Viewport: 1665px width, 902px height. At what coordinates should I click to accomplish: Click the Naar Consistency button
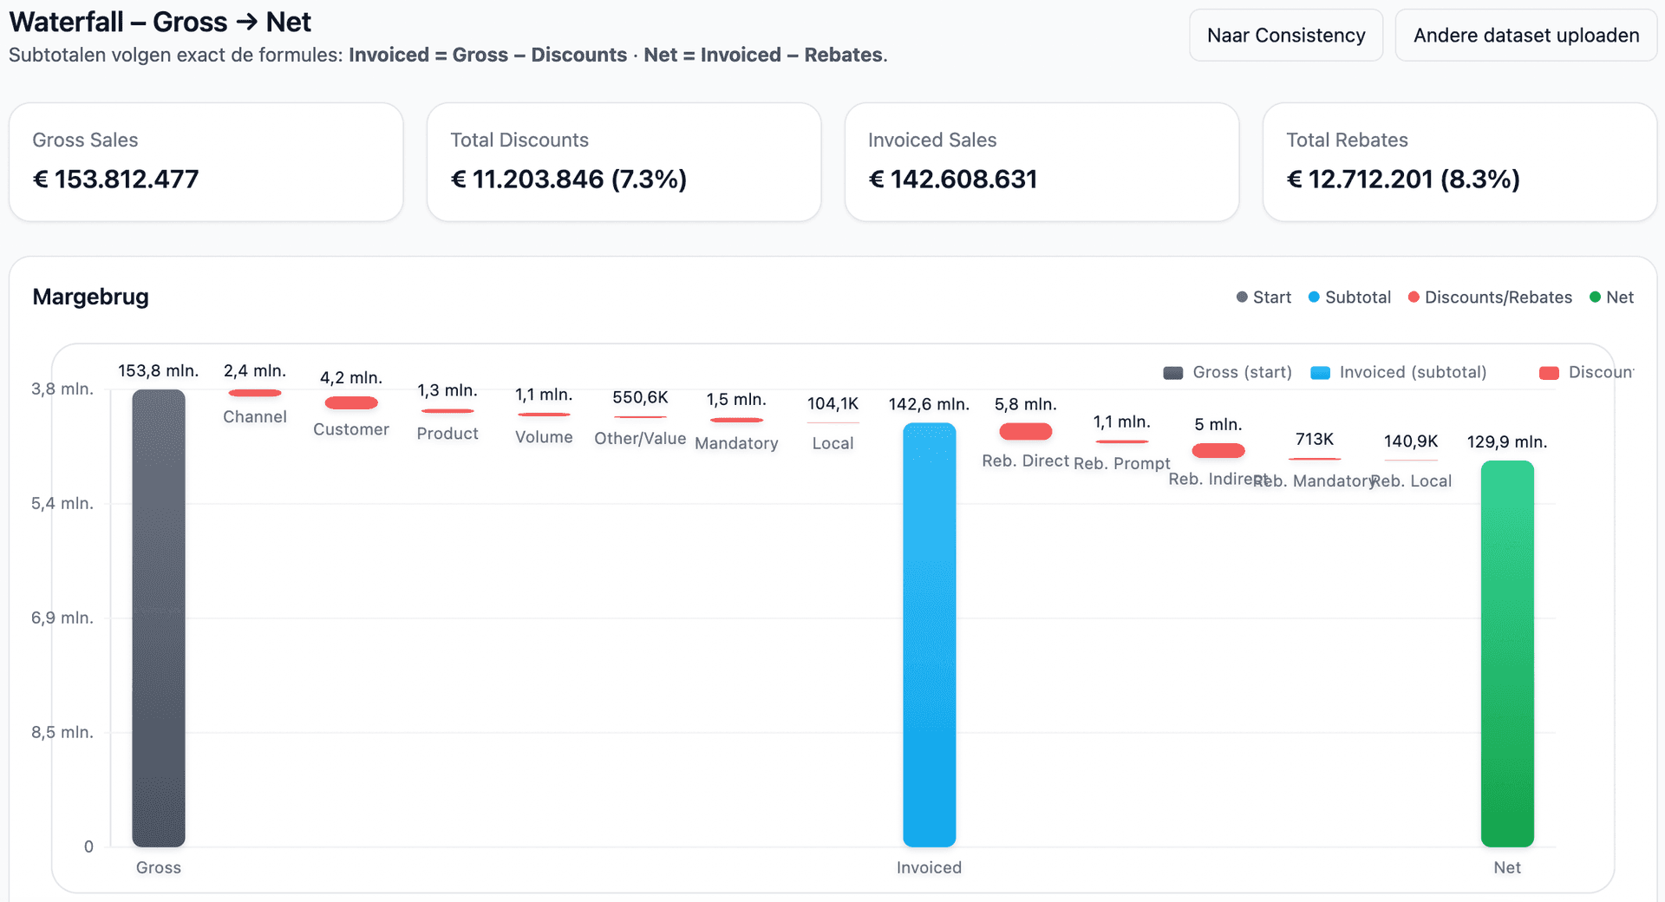coord(1286,36)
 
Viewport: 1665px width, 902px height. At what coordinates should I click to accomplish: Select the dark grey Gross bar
coord(159,618)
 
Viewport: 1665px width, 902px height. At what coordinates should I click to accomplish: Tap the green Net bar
coord(1507,653)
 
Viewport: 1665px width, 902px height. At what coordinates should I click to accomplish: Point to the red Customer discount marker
coord(351,402)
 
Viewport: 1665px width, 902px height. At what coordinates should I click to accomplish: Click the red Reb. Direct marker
coord(1025,431)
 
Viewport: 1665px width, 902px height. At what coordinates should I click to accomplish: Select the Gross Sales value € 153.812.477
coord(116,180)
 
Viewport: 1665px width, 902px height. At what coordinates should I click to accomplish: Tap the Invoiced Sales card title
coord(932,140)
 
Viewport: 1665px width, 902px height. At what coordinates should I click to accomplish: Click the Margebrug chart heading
coord(91,297)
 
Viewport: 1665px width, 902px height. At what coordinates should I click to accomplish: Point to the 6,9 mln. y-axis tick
coord(62,618)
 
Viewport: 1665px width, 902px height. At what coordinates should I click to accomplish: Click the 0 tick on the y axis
coord(88,846)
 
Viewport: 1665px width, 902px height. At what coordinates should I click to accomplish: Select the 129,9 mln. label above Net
coord(1507,441)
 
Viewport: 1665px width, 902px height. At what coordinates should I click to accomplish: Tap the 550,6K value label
coord(640,397)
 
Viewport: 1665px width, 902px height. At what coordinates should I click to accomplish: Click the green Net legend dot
coord(1595,297)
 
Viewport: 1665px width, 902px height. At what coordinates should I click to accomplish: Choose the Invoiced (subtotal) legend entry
coord(1398,372)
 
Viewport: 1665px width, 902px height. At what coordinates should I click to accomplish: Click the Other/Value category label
coord(640,439)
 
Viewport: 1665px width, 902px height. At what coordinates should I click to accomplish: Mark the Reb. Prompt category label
coord(1121,463)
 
